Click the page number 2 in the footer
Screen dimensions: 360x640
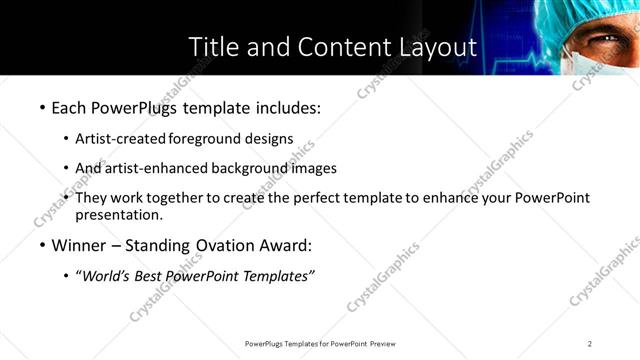590,343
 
